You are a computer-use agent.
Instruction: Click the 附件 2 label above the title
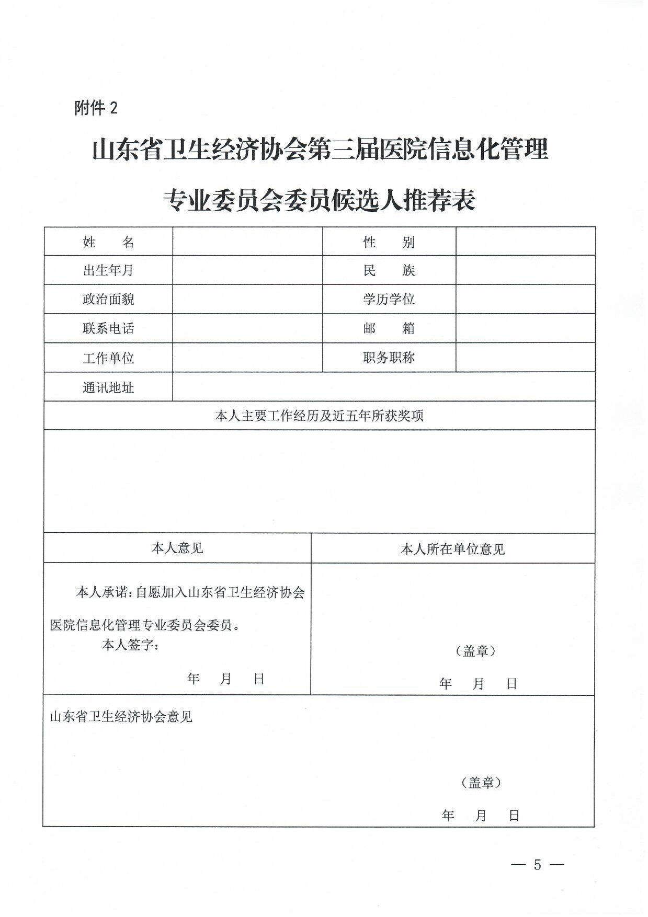pos(96,108)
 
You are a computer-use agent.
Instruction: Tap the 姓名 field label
pos(108,242)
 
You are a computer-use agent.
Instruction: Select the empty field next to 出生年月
pos(247,270)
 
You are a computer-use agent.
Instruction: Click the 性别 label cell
pos(389,242)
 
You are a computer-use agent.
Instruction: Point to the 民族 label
pos(389,270)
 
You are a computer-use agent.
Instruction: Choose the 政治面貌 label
pos(108,299)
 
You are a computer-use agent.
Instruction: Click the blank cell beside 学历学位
pos(525,299)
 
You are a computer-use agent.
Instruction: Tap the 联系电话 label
pos(108,328)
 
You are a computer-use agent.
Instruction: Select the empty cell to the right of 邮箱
pos(525,328)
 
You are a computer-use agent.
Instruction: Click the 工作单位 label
pos(108,358)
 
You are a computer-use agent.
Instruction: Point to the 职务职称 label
pos(389,358)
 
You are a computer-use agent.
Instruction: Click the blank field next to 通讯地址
pos(383,387)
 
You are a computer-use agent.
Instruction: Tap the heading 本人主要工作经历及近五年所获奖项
pos(319,416)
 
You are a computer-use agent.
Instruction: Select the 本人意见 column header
pos(177,548)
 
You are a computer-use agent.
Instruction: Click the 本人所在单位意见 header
pos(452,549)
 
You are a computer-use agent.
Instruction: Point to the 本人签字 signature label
pos(130,645)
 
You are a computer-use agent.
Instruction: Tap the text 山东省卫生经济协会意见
pos(121,716)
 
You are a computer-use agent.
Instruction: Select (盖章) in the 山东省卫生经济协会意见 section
pos(481,782)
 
